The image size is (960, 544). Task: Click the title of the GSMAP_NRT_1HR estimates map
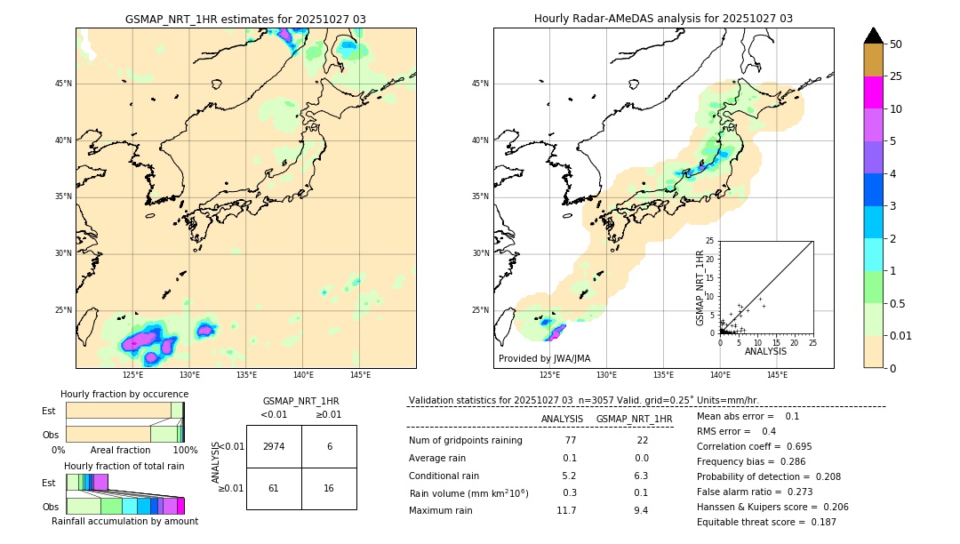[x=245, y=19]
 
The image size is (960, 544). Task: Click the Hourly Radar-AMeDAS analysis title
[x=663, y=19]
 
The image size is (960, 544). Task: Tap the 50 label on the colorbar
[x=896, y=44]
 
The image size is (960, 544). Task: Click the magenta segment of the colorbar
[x=873, y=92]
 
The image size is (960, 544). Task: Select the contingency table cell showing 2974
[x=274, y=446]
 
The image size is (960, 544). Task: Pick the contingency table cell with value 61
[x=274, y=489]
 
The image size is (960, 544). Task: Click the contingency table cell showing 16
[x=329, y=489]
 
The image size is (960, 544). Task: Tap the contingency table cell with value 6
[x=329, y=446]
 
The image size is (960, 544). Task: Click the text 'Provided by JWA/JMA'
[x=544, y=359]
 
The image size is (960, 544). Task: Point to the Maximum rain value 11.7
[x=566, y=510]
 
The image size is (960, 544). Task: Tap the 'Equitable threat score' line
[x=766, y=522]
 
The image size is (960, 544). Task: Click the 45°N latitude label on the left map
[x=63, y=84]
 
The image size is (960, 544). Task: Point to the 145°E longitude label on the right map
[x=777, y=375]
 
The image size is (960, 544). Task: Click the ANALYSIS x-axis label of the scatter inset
[x=765, y=351]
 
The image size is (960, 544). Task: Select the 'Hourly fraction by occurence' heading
[x=124, y=394]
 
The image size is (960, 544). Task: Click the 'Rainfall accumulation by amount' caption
[x=124, y=521]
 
